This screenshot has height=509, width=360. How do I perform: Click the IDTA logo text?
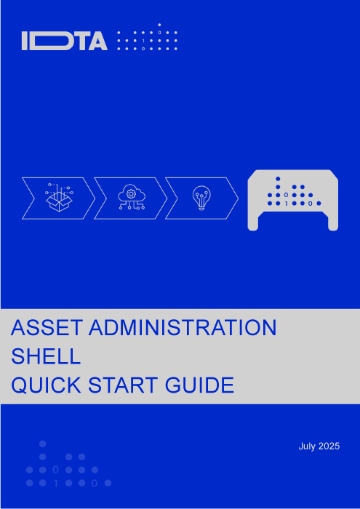[x=65, y=41]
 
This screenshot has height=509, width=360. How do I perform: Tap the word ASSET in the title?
[x=47, y=328]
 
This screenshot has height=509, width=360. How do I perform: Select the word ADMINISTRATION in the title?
[x=183, y=328]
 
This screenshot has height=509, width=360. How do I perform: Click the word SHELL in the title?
[x=45, y=356]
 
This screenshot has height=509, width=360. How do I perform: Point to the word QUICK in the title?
[x=47, y=385]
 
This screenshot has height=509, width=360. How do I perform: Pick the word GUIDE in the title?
[x=199, y=385]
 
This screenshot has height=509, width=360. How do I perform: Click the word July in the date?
[x=307, y=446]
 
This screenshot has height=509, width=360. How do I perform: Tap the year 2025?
[x=329, y=446]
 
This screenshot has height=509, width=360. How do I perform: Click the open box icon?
[x=59, y=198]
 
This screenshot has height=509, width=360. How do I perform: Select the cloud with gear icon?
[x=131, y=197]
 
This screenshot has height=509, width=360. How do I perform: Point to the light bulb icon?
[x=201, y=198]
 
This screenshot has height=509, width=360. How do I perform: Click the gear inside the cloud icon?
[x=131, y=194]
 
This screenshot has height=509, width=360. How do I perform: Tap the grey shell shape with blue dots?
[x=293, y=200]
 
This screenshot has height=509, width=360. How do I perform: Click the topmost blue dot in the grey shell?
[x=278, y=179]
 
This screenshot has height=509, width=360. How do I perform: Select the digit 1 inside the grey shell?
[x=286, y=204]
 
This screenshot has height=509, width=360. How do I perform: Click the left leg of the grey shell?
[x=253, y=223]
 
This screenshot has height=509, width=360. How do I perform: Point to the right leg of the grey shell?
[x=333, y=223]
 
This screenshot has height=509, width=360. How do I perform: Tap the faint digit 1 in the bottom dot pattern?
[x=56, y=484]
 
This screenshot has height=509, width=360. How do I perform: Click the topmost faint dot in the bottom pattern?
[x=42, y=444]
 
